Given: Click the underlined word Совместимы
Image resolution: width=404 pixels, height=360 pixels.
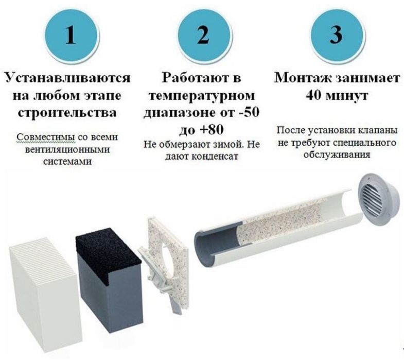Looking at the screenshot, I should pos(41,138).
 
